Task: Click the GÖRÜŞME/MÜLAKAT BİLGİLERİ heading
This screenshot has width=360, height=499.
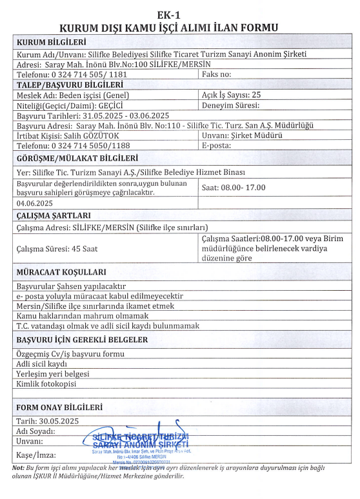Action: pyautogui.click(x=77, y=157)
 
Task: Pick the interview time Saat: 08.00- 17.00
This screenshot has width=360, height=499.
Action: pyautogui.click(x=234, y=188)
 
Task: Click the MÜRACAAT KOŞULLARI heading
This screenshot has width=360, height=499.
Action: pyautogui.click(x=61, y=272)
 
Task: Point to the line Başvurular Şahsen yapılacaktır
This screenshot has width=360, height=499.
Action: pyautogui.click(x=70, y=286)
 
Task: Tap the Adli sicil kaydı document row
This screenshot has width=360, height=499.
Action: pyautogui.click(x=41, y=364)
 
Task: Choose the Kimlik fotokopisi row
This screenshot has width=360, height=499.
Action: pyautogui.click(x=46, y=385)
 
